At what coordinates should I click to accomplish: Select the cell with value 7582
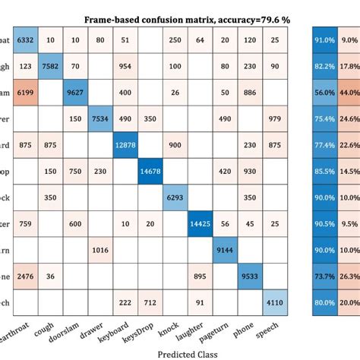pyautogui.click(x=51, y=66)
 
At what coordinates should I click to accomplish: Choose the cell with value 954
pyautogui.click(x=125, y=66)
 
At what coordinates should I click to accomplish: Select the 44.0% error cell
pyautogui.click(x=350, y=92)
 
